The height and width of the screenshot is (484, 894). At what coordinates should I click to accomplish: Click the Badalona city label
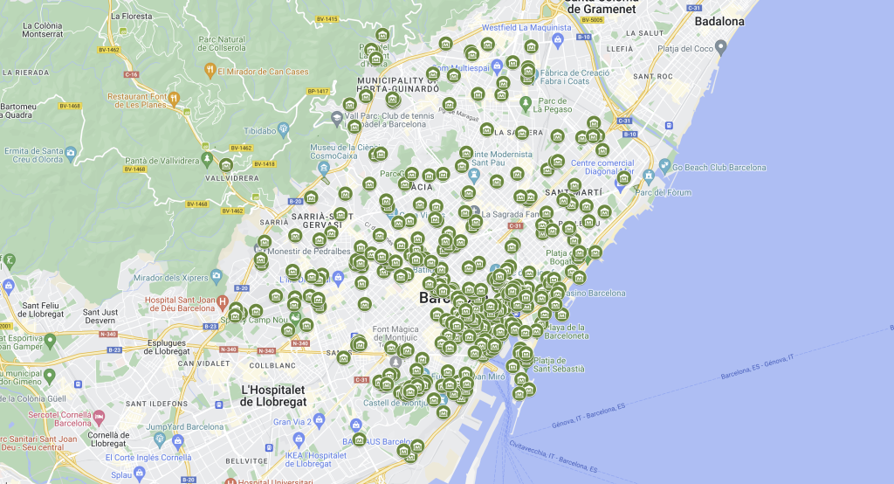click(719, 22)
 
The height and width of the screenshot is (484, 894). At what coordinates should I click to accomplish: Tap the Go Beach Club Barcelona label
click(719, 168)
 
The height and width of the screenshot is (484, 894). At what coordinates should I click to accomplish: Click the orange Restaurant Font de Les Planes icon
click(175, 98)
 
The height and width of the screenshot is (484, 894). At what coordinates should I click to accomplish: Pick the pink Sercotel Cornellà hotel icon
click(99, 417)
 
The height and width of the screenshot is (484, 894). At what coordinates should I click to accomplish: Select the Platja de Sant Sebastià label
click(559, 364)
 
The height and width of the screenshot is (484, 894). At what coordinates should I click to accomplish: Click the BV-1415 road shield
click(327, 19)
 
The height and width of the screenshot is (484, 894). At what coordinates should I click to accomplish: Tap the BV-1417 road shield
click(318, 91)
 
